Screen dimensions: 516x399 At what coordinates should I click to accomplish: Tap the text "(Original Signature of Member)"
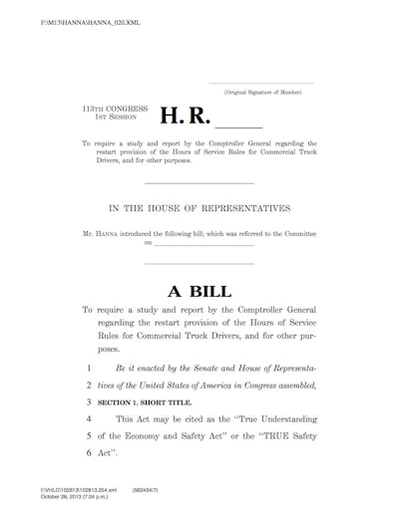click(263, 91)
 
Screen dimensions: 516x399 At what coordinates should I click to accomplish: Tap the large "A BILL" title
click(199, 292)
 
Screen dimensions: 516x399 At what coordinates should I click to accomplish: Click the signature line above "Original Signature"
click(263, 82)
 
